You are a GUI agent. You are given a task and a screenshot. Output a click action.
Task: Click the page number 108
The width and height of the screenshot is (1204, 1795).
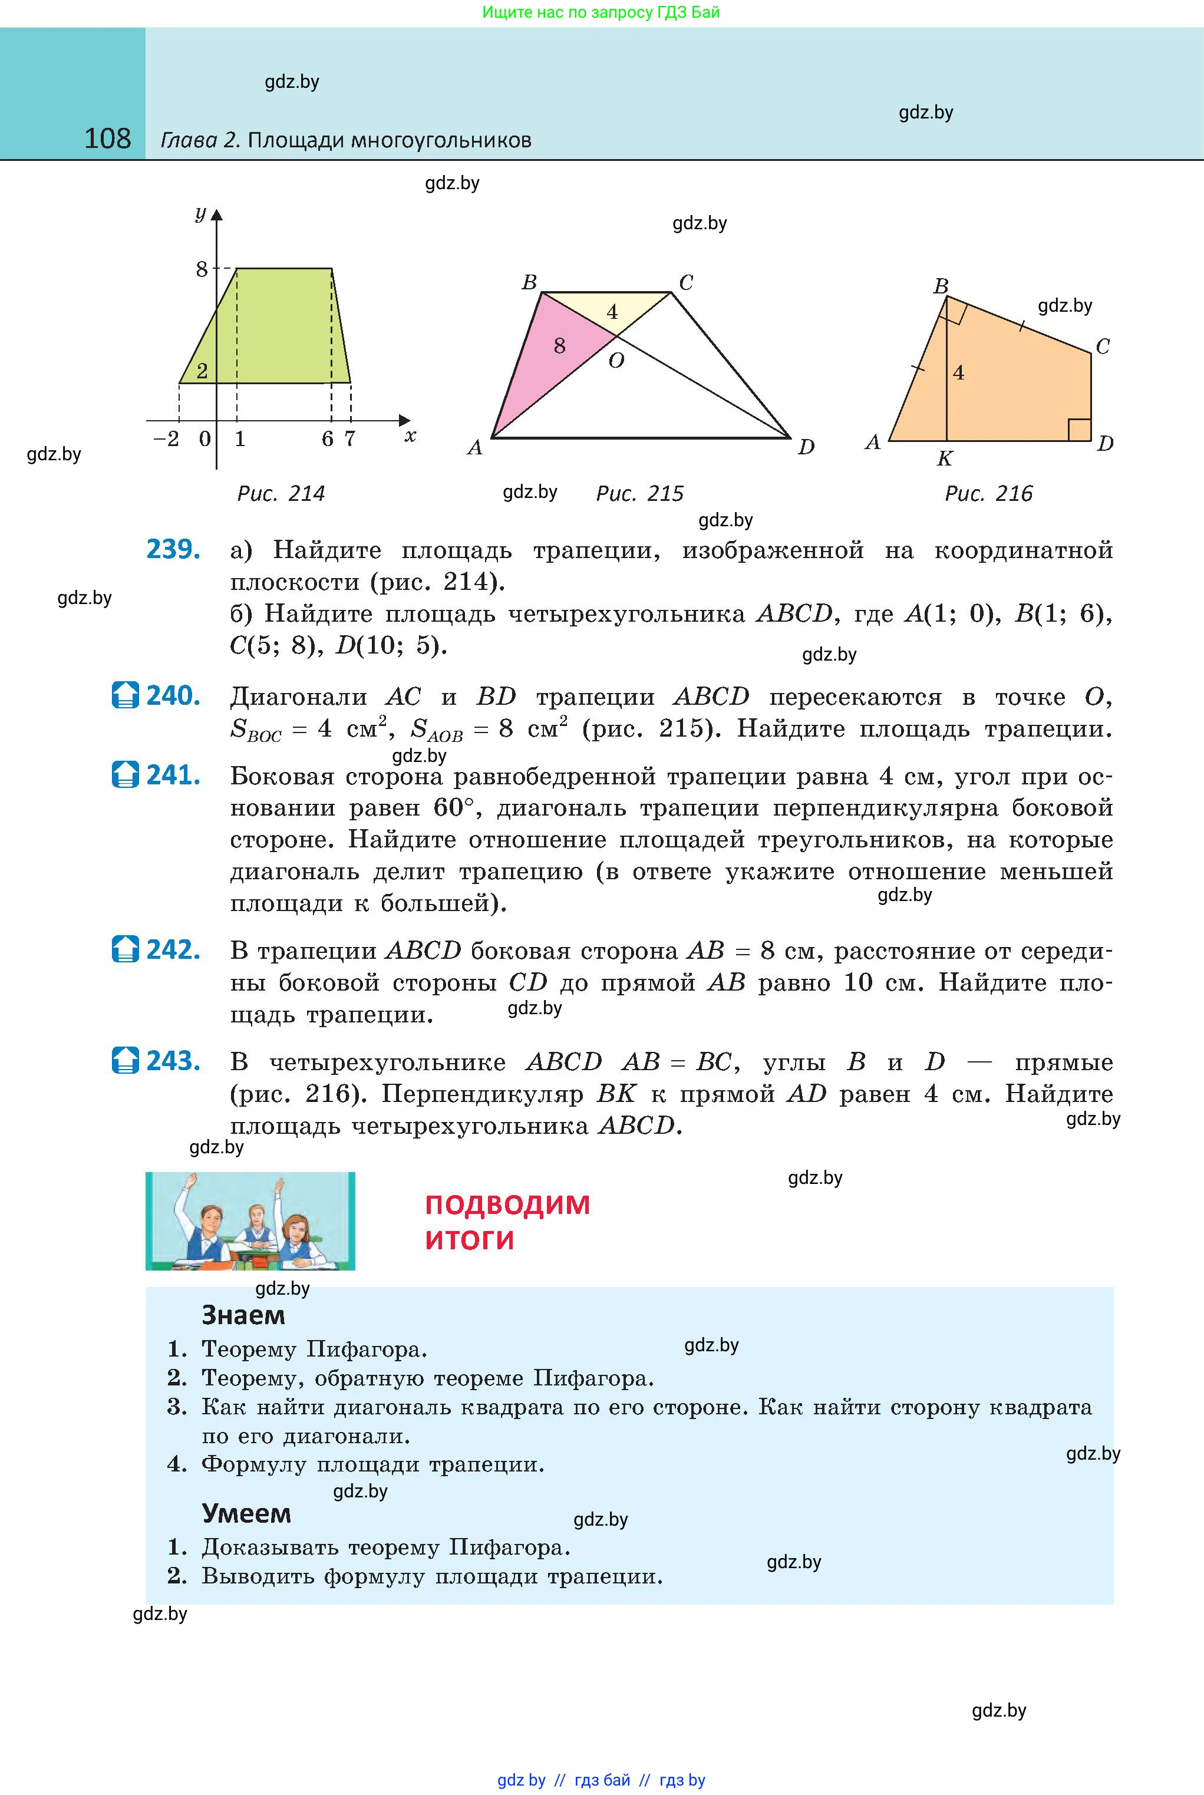pos(107,139)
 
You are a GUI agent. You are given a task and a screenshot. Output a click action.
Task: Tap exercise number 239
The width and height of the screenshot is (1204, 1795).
pos(173,550)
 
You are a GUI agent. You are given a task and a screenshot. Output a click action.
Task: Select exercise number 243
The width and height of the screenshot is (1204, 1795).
pos(173,1061)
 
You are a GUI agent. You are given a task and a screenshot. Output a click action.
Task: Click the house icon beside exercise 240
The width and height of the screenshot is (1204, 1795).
pos(125,695)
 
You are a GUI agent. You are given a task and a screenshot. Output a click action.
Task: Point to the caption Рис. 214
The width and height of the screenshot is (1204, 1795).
pos(281,494)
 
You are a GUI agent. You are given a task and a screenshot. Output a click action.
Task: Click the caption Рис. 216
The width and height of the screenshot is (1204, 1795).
pos(988,494)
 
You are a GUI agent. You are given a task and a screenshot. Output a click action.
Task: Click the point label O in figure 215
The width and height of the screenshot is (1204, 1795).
pos(616,361)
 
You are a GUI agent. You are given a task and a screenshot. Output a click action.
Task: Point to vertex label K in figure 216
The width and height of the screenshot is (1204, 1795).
pos(945,459)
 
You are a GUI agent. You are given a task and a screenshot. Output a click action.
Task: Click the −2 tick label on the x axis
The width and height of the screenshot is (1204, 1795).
pos(166,439)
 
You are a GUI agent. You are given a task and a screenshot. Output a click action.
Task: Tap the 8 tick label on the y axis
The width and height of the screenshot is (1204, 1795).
pos(201,269)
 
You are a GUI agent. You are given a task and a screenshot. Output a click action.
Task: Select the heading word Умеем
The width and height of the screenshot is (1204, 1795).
pos(246,1513)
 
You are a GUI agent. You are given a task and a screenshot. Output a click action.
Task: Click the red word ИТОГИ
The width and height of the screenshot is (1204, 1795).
pos(469,1240)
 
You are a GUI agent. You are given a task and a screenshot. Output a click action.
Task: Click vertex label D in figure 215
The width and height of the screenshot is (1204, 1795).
pos(806,447)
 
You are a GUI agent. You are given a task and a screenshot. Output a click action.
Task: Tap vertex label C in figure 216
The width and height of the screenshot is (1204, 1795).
pos(1103,347)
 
